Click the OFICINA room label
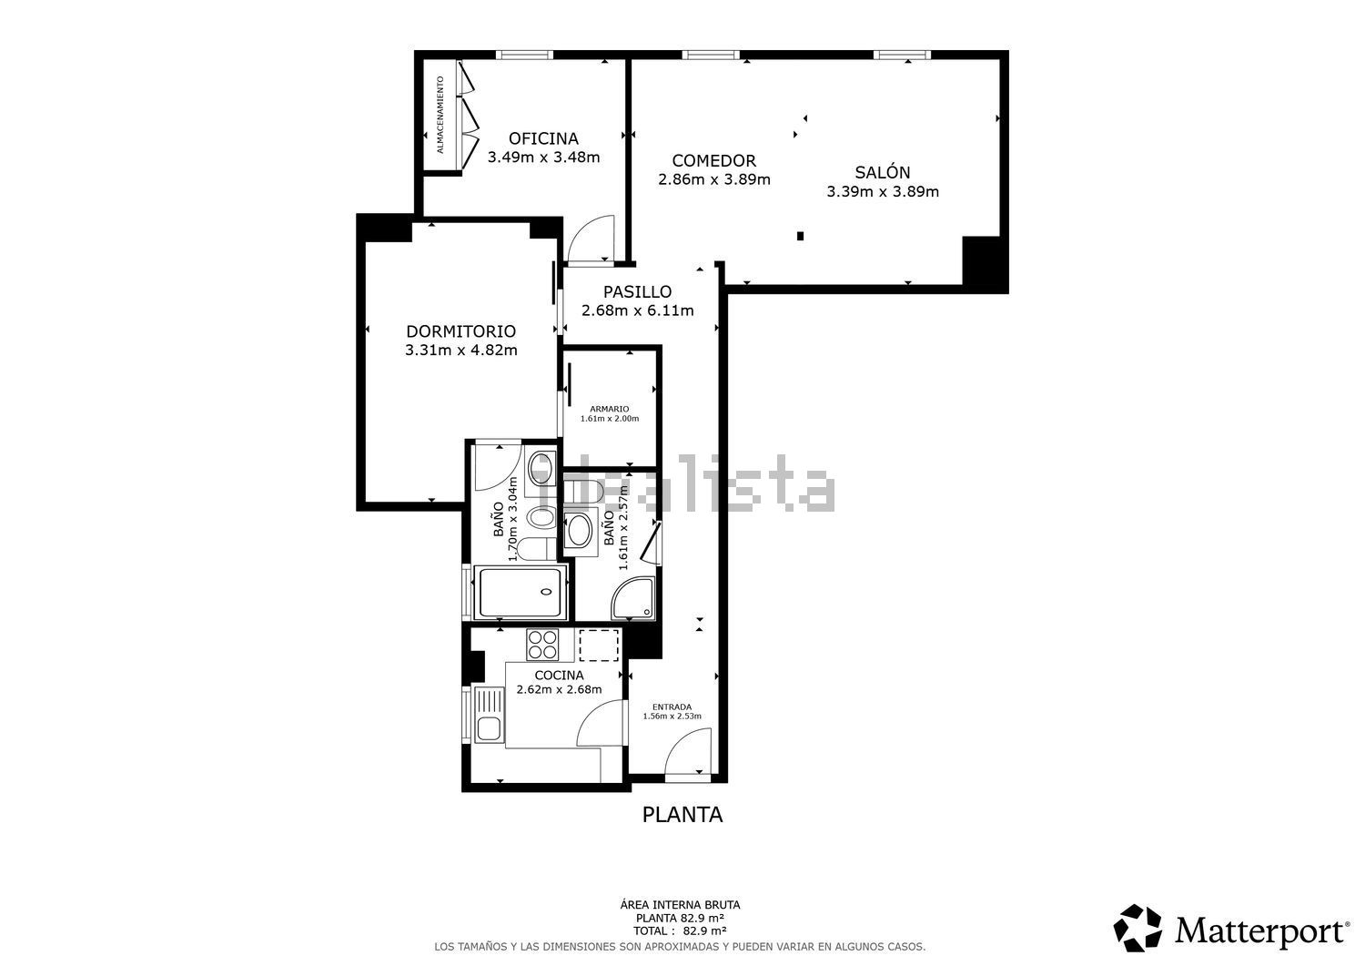[543, 138]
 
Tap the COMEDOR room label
[714, 160]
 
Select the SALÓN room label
[883, 172]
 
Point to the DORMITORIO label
[461, 331]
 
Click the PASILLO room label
[637, 291]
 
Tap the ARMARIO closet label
[610, 409]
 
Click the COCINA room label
[560, 675]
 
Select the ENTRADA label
[672, 707]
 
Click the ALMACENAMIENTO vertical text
[440, 115]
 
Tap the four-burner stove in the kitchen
[542, 645]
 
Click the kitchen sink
[490, 715]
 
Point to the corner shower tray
[633, 597]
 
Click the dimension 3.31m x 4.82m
[461, 350]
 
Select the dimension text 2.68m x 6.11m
[637, 310]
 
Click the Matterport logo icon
[1137, 928]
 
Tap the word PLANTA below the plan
[682, 814]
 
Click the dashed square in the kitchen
[599, 646]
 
